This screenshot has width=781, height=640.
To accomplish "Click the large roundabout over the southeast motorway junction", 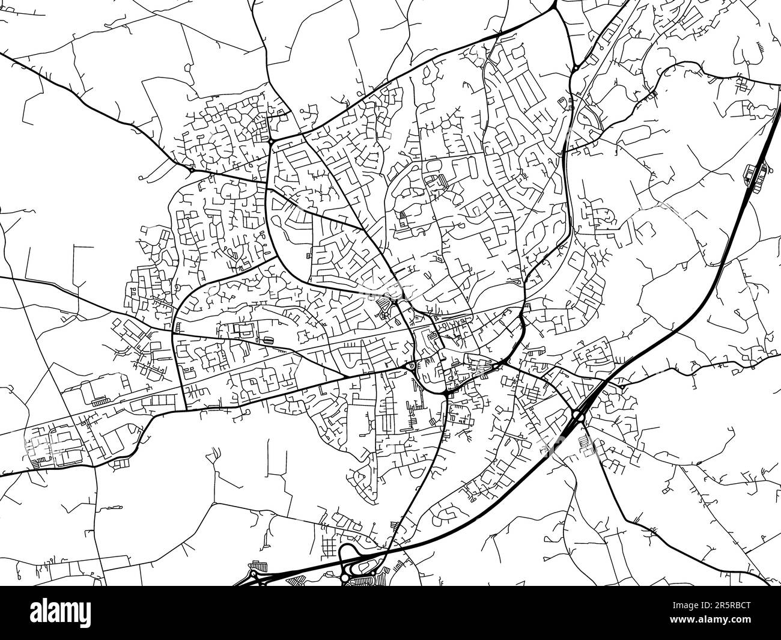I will [579, 415].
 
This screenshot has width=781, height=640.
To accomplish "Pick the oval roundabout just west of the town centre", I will [412, 366].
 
